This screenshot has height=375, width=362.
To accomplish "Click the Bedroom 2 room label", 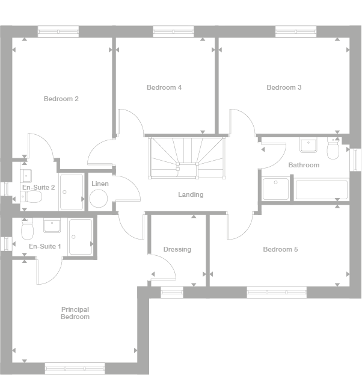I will (61, 99).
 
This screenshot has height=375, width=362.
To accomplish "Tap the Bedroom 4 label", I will (164, 87).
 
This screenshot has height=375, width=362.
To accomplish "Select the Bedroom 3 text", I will (284, 87).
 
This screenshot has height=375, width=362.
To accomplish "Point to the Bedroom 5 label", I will (280, 249).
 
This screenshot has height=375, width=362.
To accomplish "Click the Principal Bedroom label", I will (75, 313).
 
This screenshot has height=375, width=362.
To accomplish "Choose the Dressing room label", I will (177, 249).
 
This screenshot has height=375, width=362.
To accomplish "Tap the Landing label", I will (191, 194).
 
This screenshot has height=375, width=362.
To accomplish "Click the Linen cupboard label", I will (100, 184).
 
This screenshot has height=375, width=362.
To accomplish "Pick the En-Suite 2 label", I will (38, 187).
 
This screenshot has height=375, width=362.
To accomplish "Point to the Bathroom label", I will (304, 165).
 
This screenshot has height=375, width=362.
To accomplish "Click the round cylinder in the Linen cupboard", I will (98, 198).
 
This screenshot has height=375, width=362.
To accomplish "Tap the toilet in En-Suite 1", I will (26, 229).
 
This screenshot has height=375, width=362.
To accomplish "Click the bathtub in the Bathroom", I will (321, 189).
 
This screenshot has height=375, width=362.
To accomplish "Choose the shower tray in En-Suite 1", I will (80, 237).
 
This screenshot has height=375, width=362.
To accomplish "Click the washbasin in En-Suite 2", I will (27, 176).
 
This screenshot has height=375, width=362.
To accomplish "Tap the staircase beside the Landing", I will (187, 158).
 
